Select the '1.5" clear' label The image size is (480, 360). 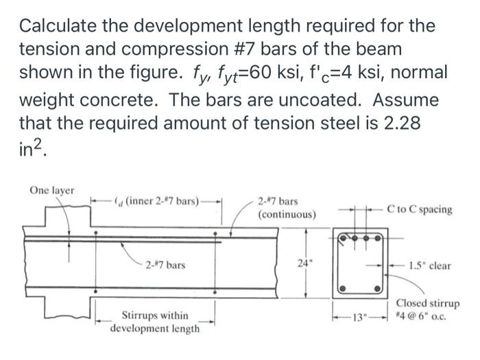429,265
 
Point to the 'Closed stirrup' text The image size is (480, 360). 428,304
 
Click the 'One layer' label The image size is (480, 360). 52,189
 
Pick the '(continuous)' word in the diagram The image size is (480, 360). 287,215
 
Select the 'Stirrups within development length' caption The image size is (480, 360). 155,322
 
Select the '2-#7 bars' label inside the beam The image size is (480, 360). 163,265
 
